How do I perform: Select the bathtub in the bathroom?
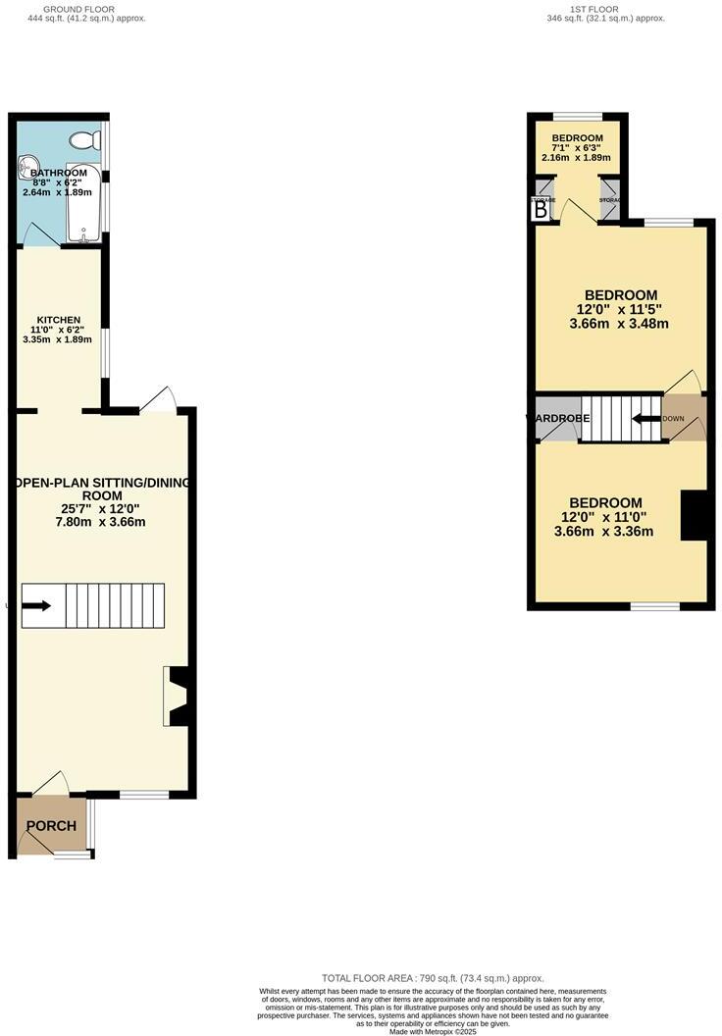tap(83, 201)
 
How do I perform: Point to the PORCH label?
tap(51, 826)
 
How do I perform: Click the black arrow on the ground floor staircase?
tap(37, 606)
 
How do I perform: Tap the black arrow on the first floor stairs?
tap(645, 418)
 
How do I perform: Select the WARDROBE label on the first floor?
tap(558, 419)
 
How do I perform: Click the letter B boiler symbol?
tap(540, 208)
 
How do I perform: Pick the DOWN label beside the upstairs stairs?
tap(673, 419)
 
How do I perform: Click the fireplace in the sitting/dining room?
tap(178, 697)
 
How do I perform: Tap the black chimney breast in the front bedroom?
tap(694, 514)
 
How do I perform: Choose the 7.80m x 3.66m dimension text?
tap(102, 522)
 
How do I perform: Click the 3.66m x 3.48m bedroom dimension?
tap(620, 324)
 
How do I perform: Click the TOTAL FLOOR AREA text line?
tap(432, 978)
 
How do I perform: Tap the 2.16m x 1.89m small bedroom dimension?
tap(576, 157)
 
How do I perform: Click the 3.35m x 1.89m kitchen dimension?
tap(57, 339)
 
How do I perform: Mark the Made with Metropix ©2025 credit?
tap(432, 1031)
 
